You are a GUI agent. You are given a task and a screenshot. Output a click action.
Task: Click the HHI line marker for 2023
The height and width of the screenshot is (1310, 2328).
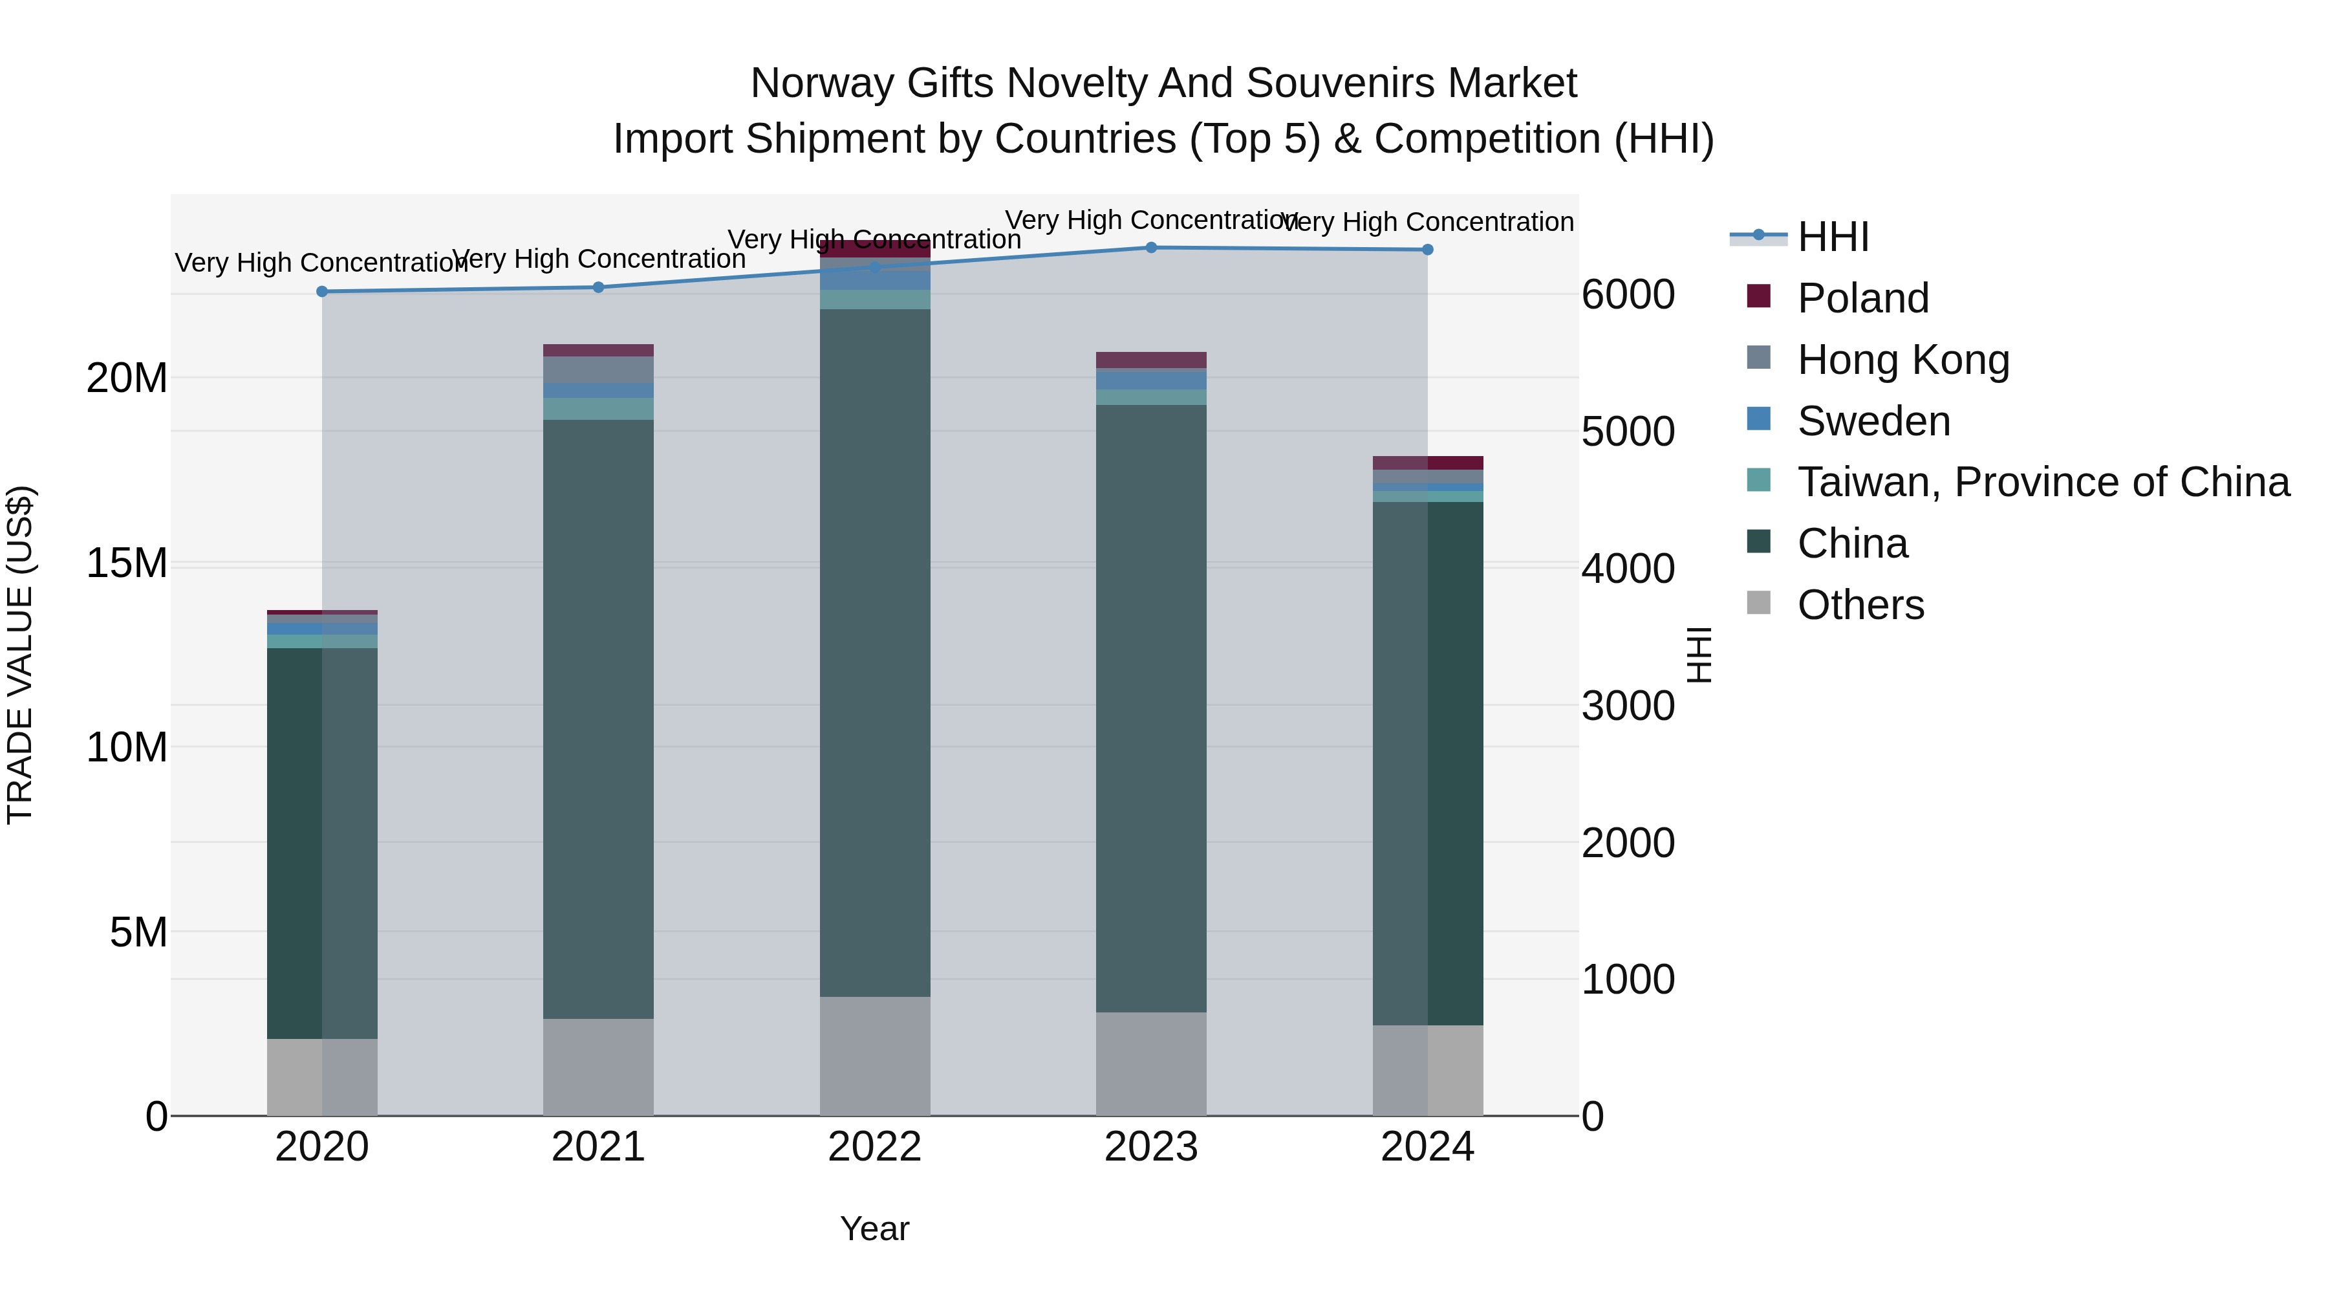(1150, 247)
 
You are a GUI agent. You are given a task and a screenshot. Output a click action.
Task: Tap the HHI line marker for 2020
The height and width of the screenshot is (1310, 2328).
(322, 291)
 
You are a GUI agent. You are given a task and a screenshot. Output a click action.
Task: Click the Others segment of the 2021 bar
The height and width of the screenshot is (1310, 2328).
(598, 1066)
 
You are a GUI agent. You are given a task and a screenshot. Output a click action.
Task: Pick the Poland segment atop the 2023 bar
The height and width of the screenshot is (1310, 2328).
(1150, 360)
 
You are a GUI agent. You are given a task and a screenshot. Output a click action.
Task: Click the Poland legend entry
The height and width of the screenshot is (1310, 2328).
(1862, 298)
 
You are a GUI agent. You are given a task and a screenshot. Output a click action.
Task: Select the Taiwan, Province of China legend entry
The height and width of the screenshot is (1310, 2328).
(2042, 482)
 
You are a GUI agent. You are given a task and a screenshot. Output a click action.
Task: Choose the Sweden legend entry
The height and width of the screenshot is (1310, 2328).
(1873, 421)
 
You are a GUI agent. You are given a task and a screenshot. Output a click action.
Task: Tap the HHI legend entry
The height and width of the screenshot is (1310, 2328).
(1832, 237)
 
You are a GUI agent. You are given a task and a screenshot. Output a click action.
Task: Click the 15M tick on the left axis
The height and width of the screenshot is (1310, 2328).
(127, 563)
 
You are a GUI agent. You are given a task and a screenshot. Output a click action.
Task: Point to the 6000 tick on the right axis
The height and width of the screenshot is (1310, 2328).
(1628, 295)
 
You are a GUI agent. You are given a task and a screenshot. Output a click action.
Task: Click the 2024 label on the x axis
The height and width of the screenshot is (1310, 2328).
(1427, 1147)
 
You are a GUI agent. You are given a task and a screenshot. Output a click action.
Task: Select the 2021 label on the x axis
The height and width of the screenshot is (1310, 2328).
(598, 1147)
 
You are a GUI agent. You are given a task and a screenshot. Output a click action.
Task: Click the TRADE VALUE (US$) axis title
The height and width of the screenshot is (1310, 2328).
(21, 655)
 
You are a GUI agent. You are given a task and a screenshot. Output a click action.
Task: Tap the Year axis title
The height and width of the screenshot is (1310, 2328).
(874, 1228)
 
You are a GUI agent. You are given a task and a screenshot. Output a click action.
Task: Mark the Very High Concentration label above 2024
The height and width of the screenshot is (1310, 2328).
(1427, 221)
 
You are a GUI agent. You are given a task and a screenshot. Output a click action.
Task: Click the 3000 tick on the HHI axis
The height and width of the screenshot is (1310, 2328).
(1628, 705)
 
